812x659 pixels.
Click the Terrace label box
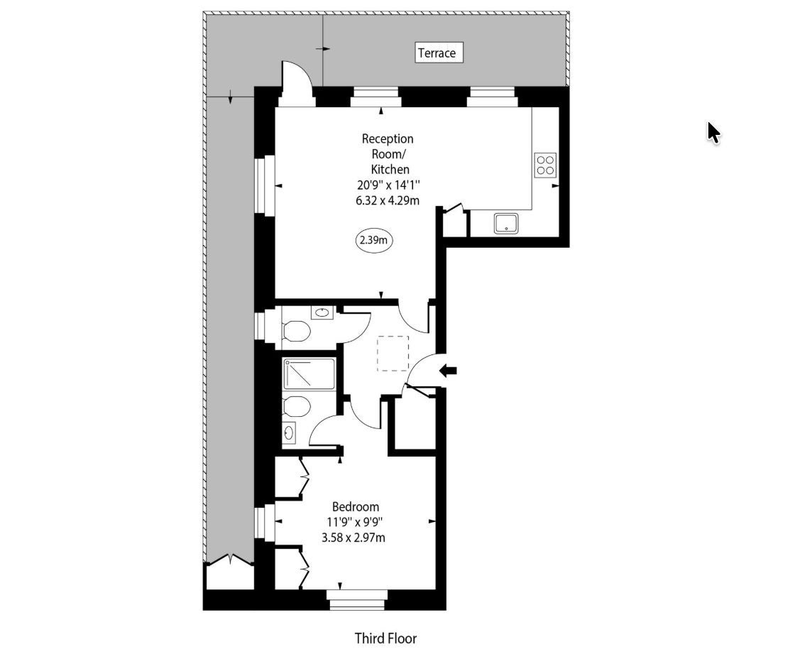tap(439, 53)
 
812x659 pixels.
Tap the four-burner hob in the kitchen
tap(545, 165)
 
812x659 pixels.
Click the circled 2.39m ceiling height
tap(374, 240)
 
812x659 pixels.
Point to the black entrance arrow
tap(449, 370)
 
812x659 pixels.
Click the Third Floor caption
tap(386, 638)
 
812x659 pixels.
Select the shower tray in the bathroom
tap(309, 374)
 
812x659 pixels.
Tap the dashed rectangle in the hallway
tap(393, 354)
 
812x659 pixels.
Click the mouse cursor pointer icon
tap(713, 133)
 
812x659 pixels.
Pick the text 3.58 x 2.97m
tap(353, 538)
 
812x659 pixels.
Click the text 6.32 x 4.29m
tap(388, 200)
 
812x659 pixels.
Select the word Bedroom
tap(355, 507)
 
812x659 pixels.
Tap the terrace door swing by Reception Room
tap(297, 83)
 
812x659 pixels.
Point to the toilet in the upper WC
tap(296, 330)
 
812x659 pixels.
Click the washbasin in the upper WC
tap(322, 312)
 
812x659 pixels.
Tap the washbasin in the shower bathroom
tap(290, 432)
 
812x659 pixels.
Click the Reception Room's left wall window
tap(265, 185)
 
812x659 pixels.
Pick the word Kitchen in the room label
tap(390, 170)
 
